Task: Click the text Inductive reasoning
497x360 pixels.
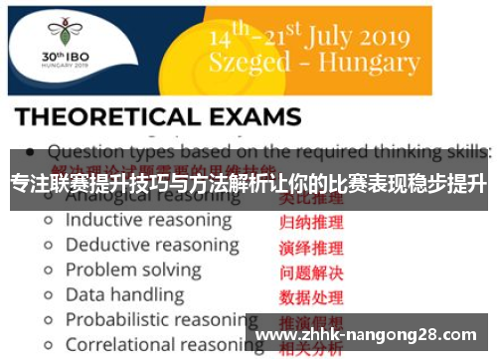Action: (148, 220)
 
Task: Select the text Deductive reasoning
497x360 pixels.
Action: (151, 245)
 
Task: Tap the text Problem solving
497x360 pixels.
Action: (133, 270)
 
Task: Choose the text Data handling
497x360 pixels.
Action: (124, 294)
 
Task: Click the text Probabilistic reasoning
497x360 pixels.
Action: (156, 319)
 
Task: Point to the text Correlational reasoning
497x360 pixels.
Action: (156, 344)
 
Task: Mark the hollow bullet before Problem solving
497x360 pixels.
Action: (47, 270)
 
